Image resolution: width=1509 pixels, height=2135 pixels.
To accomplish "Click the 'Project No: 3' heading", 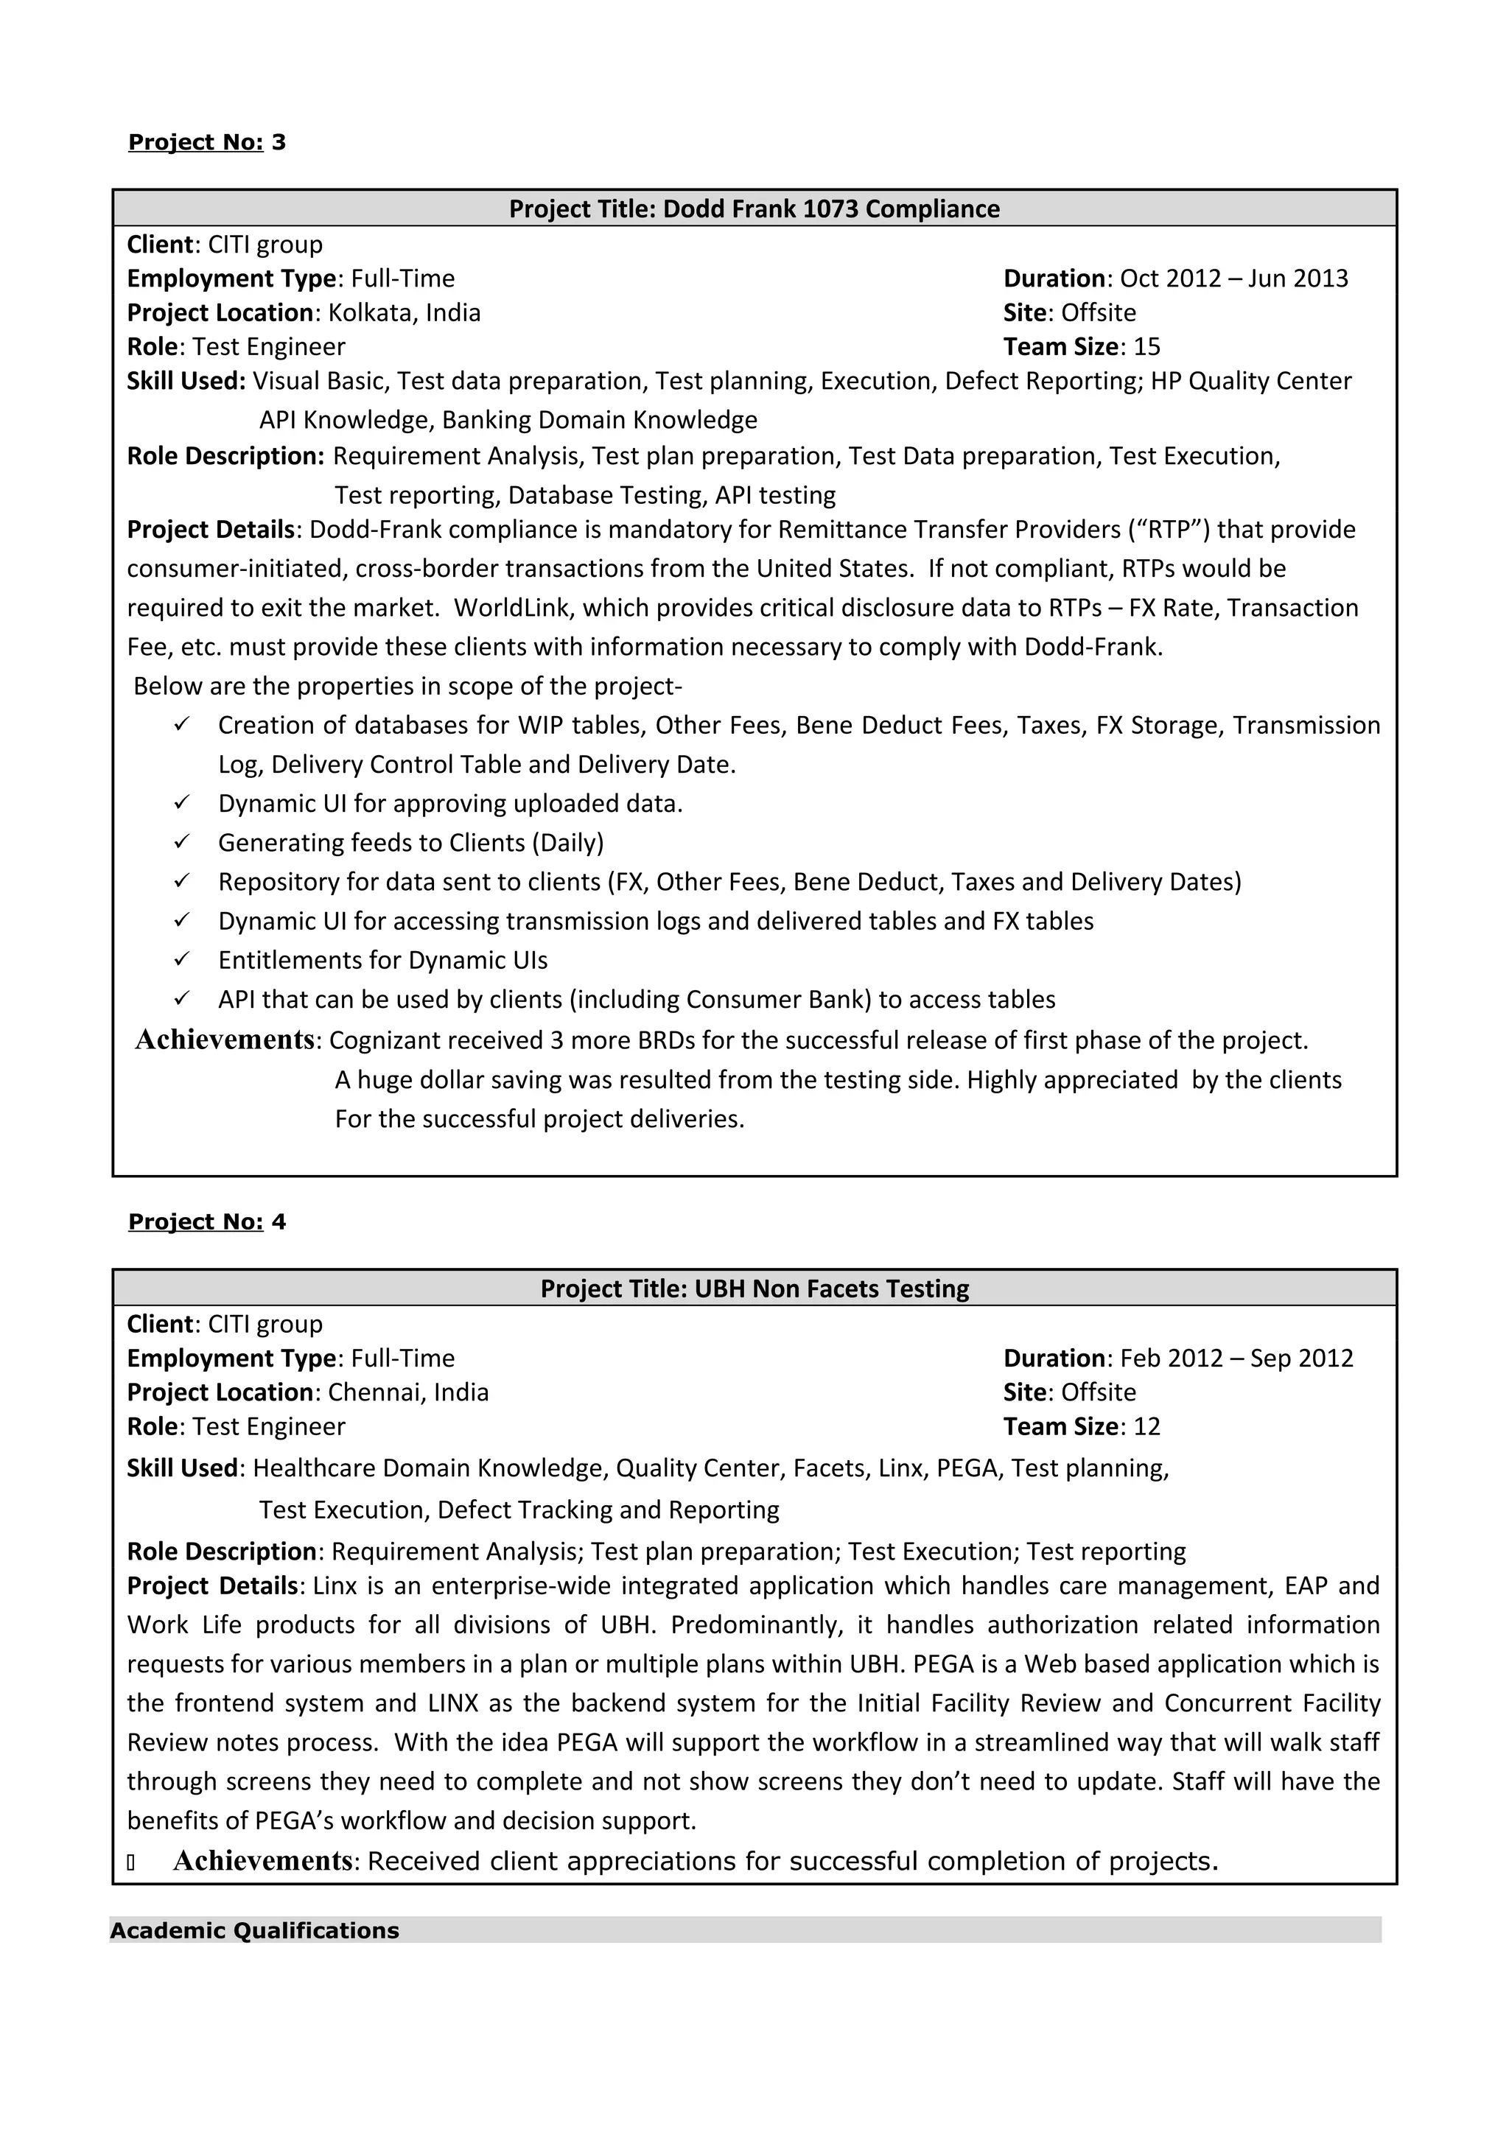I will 206,142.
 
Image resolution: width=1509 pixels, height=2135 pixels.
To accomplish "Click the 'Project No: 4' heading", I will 206,1222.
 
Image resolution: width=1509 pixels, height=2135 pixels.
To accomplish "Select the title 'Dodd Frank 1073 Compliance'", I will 831,209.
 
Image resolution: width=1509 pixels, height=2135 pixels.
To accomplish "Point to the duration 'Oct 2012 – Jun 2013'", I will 1233,279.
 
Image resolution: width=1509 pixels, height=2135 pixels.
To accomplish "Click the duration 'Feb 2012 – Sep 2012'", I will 1236,1359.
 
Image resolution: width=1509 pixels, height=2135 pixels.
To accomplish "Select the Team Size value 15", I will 1146,347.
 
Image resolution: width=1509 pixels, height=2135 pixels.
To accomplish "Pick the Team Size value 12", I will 1146,1426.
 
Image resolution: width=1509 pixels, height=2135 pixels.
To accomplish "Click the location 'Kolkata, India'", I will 405,312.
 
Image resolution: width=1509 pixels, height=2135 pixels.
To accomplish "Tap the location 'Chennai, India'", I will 408,1392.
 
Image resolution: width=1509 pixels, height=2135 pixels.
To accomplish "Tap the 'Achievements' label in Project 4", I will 262,1861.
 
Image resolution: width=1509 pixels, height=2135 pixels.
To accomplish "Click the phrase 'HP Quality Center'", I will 1250,382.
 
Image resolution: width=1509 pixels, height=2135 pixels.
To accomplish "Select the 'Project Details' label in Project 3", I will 211,530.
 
